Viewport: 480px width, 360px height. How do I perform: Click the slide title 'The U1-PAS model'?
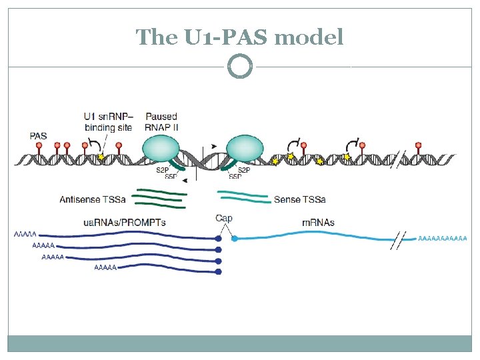tap(239, 37)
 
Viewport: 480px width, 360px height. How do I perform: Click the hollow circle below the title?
tap(240, 66)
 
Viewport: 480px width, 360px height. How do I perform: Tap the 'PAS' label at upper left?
tap(39, 136)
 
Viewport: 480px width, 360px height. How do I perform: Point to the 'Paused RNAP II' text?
tap(161, 122)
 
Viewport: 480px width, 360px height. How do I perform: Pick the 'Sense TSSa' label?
tap(299, 199)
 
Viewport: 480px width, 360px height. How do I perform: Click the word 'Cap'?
tap(224, 218)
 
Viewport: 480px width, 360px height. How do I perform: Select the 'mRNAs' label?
tap(318, 223)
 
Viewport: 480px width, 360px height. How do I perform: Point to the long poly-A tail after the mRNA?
tap(442, 238)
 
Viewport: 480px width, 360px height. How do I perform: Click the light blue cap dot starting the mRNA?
tap(234, 238)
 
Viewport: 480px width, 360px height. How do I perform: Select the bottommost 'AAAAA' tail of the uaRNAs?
tap(106, 268)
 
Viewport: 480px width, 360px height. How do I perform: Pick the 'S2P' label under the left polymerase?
tap(162, 171)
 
